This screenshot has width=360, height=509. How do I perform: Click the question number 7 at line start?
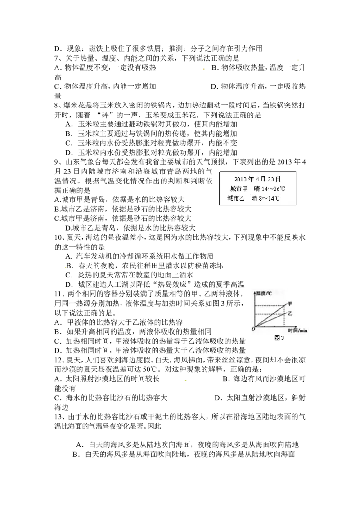tap(57, 58)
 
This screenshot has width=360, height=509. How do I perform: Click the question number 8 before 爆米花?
tap(57, 106)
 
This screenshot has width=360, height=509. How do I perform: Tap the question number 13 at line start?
tap(58, 416)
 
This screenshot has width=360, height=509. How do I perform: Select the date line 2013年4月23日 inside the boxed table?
tap(257, 179)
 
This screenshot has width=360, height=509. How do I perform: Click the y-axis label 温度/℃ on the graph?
tap(264, 294)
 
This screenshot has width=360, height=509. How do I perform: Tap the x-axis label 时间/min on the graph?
tap(297, 330)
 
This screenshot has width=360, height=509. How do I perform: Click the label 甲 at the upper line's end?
tap(289, 304)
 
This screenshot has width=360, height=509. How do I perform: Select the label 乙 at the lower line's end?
tap(290, 313)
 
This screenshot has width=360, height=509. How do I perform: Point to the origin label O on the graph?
tap(253, 330)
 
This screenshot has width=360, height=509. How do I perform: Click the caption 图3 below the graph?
tap(279, 338)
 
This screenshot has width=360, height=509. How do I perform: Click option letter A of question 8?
tap(68, 125)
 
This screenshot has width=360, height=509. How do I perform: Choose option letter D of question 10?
tap(68, 285)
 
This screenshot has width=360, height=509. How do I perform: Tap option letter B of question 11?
tap(58, 332)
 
